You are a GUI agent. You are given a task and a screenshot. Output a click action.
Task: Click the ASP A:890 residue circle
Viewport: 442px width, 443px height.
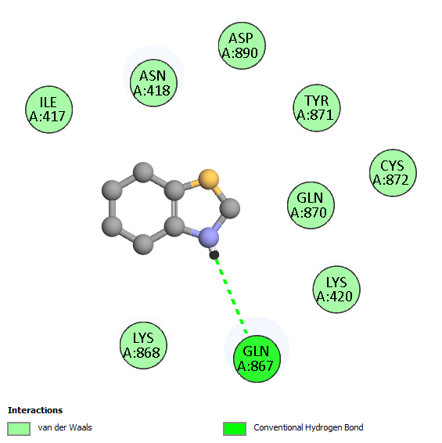coord(242,45)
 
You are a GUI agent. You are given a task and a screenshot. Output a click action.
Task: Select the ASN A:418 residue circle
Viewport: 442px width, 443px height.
coord(153,83)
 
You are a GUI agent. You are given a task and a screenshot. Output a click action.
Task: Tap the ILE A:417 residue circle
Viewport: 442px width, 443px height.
coord(49,110)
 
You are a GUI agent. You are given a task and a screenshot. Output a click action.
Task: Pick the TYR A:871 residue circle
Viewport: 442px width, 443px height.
coord(317,108)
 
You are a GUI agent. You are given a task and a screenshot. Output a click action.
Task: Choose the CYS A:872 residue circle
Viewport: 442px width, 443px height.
coord(393,173)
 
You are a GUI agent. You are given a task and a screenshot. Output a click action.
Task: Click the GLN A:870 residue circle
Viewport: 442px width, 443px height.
coord(311,205)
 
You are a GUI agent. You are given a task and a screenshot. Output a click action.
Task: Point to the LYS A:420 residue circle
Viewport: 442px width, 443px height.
coord(336,290)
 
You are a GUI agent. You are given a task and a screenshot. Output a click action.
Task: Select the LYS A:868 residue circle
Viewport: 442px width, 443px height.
coord(143,345)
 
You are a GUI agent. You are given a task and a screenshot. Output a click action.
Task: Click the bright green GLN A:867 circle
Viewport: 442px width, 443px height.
coord(257,358)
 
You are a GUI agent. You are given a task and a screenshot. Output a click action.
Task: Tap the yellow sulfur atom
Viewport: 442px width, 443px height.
coord(209,179)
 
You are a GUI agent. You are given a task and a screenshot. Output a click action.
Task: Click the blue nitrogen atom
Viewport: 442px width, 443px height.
coord(209,236)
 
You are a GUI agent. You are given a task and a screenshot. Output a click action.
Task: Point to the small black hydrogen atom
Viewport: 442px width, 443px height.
coord(214,255)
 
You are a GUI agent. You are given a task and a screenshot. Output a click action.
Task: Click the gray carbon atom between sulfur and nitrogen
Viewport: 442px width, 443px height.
coord(230,208)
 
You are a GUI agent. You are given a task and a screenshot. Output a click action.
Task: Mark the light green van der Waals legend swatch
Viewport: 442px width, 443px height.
coord(19,429)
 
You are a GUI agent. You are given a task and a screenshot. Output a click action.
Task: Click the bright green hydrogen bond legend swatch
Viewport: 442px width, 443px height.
coord(235,429)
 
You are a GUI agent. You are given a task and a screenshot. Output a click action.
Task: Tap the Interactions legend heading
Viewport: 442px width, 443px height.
coord(35,410)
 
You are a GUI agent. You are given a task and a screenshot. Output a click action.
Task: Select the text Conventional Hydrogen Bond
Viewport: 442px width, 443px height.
coord(308,427)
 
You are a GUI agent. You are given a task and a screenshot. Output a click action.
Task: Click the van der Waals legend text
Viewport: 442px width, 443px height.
coord(65,427)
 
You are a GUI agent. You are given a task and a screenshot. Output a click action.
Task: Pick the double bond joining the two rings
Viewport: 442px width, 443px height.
coord(174,209)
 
